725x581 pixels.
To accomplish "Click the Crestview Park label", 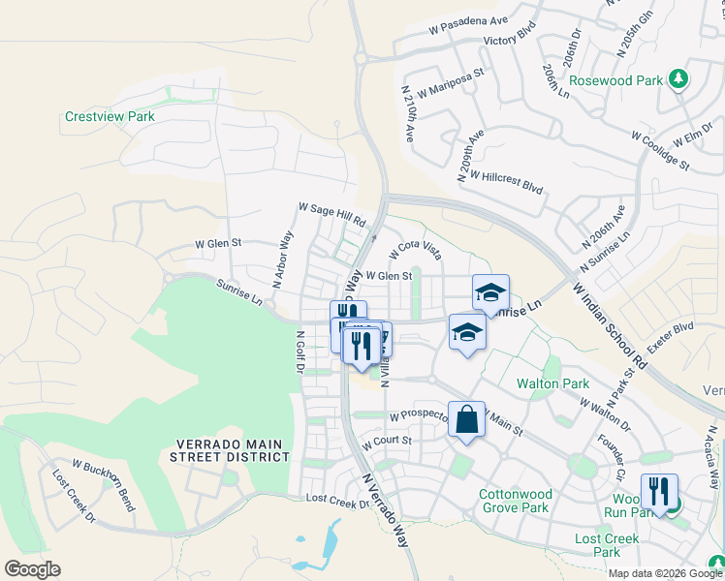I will (x=110, y=116).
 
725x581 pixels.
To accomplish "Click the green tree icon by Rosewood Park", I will (x=680, y=78).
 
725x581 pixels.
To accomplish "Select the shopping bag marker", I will (x=466, y=420).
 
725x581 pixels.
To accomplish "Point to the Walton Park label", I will (x=552, y=383).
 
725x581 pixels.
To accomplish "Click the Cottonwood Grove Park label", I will (x=515, y=501).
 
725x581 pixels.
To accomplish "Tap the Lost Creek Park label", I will (x=607, y=545).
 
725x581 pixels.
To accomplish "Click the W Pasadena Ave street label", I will (x=468, y=24).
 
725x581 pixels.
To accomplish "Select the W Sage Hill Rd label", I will (x=331, y=213).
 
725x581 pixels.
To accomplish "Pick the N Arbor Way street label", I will (x=282, y=260).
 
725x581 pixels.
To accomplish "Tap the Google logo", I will (x=32, y=569).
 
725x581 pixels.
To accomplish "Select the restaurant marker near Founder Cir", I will (x=658, y=491).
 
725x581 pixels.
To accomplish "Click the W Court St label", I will (x=388, y=442).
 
